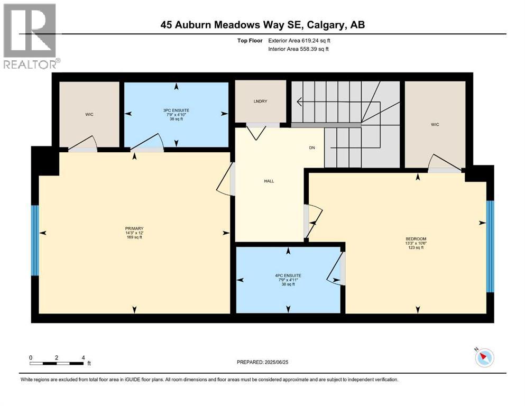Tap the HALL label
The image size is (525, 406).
(x=269, y=181)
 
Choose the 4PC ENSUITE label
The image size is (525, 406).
(x=288, y=275)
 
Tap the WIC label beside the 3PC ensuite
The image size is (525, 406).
(x=89, y=114)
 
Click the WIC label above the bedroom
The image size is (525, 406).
(x=435, y=125)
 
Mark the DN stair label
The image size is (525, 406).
(x=312, y=147)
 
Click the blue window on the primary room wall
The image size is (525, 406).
(x=35, y=240)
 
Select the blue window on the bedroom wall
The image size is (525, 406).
(x=490, y=246)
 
